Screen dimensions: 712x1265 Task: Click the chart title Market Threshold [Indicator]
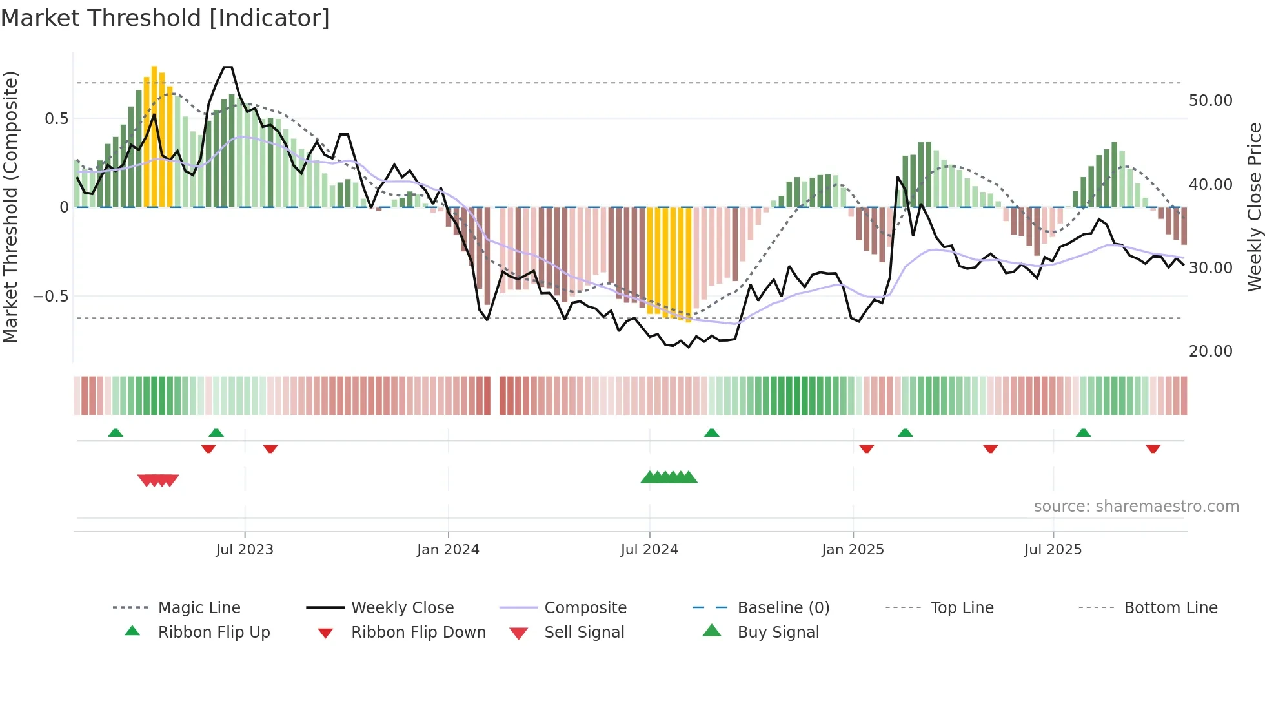click(165, 18)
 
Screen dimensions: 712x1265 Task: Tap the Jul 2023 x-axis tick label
click(245, 550)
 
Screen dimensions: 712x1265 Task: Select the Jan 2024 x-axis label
click(448, 550)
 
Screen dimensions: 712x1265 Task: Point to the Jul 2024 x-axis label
click(649, 550)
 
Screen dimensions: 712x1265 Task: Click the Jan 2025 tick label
click(853, 550)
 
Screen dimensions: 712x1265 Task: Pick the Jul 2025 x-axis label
click(1053, 550)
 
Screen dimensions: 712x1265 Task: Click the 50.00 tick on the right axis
click(1210, 101)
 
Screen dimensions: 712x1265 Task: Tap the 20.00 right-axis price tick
click(1210, 351)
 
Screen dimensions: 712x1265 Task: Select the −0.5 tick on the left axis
click(50, 297)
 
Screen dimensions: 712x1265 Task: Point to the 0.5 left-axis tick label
click(56, 119)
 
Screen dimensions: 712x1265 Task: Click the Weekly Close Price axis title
click(1254, 207)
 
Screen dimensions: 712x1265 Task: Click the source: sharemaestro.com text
click(1136, 507)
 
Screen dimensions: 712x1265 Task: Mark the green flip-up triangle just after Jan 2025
click(905, 433)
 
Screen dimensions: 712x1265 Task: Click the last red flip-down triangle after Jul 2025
click(1153, 448)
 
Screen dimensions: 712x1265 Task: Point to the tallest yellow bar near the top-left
click(154, 136)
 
